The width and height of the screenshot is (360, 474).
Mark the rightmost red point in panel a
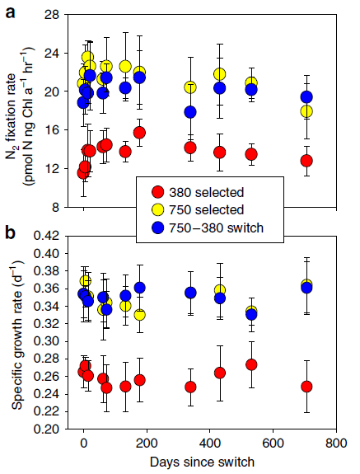(x=306, y=161)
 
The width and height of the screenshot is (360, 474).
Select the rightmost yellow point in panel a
(x=306, y=111)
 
